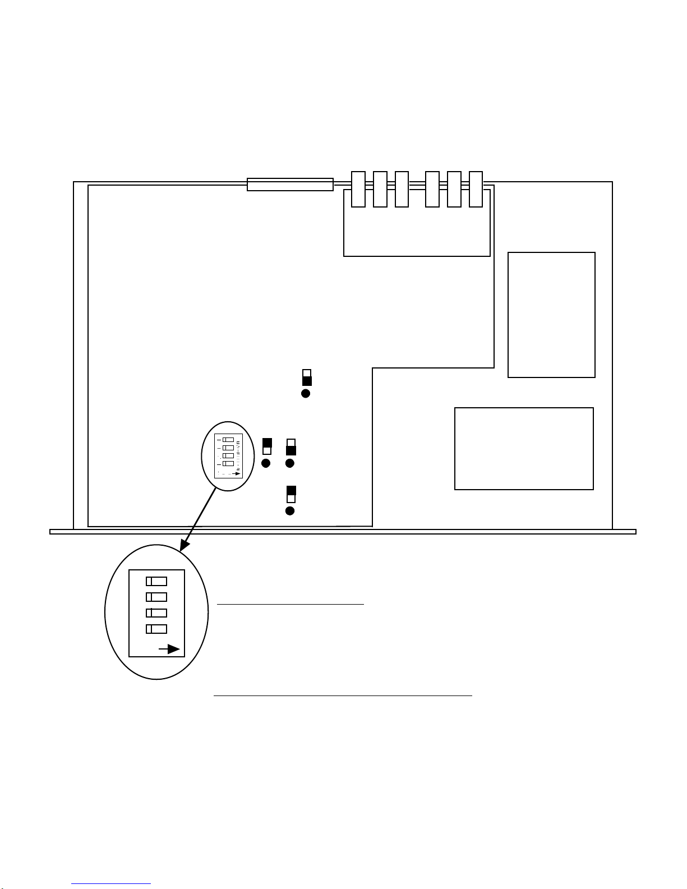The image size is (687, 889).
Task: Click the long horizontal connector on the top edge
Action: click(x=290, y=185)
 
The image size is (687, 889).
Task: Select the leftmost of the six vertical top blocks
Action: click(x=358, y=189)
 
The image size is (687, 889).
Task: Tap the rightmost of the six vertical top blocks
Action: click(x=476, y=189)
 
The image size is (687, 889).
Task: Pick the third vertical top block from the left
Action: click(x=402, y=189)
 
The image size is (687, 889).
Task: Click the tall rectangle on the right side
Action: click(x=551, y=315)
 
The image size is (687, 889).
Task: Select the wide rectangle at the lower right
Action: click(x=524, y=449)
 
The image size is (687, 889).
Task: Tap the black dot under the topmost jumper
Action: click(x=306, y=393)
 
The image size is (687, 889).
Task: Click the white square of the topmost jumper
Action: click(x=307, y=374)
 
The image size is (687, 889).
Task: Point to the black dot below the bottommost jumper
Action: click(x=290, y=511)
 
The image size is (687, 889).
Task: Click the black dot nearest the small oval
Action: click(x=266, y=463)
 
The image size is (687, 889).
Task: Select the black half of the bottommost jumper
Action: click(x=291, y=490)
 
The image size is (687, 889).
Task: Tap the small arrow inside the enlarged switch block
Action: click(x=170, y=650)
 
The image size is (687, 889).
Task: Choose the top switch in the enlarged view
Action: click(x=156, y=581)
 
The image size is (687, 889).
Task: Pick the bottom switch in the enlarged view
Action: click(x=156, y=629)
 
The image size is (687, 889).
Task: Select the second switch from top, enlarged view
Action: click(x=156, y=597)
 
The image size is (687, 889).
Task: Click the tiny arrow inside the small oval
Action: click(x=237, y=474)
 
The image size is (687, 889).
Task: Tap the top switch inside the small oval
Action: click(x=228, y=440)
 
